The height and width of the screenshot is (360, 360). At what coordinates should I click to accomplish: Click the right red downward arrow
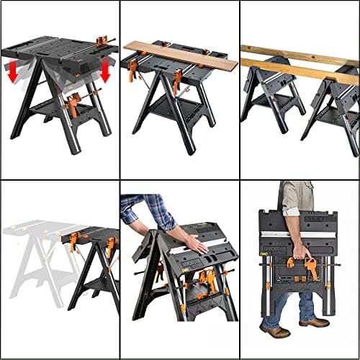tap(105, 71)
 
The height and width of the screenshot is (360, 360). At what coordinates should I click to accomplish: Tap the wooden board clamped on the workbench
tap(180, 55)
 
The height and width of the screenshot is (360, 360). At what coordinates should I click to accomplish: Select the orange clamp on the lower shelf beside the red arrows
tap(72, 106)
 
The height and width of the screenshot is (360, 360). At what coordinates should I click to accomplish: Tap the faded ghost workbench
tap(32, 259)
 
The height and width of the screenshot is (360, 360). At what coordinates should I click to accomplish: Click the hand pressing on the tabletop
tap(197, 245)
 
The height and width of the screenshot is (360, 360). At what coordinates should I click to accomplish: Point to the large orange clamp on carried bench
tap(310, 266)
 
